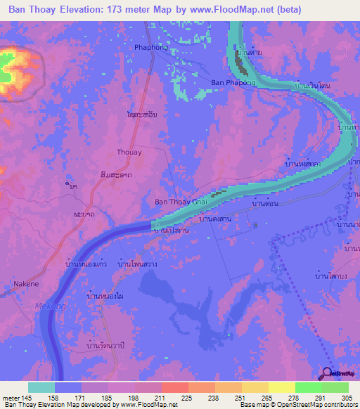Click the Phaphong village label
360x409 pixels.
pos(151,48)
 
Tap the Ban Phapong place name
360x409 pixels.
pos(231,82)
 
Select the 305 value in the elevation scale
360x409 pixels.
pos(345,397)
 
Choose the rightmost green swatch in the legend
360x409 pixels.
pos(335,387)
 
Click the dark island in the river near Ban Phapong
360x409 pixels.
pos(241,65)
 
